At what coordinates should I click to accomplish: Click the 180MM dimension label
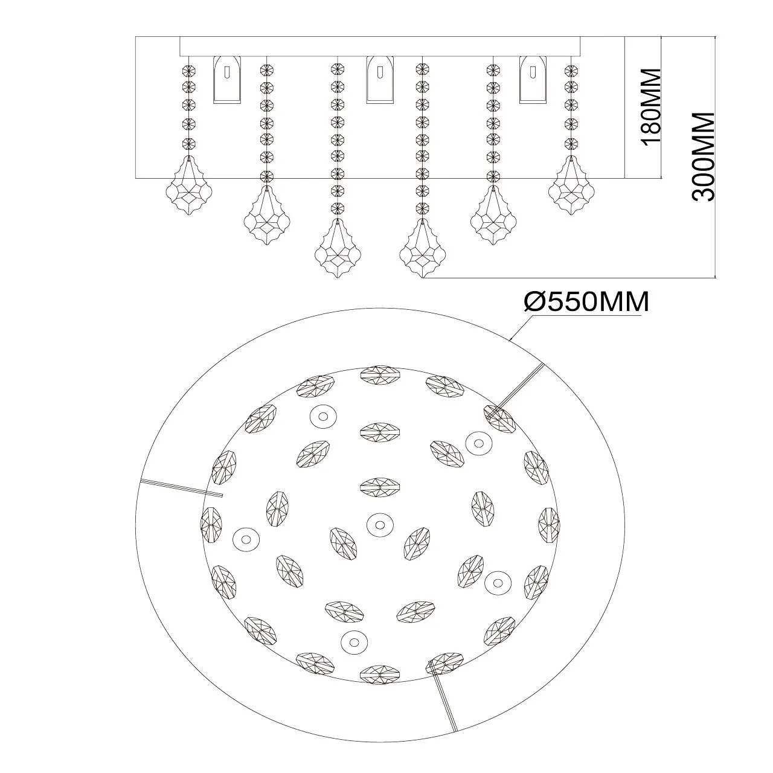(651, 106)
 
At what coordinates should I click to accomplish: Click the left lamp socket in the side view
(228, 79)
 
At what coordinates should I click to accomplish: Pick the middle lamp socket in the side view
(379, 79)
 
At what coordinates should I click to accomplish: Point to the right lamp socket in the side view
(533, 79)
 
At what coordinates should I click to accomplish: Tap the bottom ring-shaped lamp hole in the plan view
(352, 640)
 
